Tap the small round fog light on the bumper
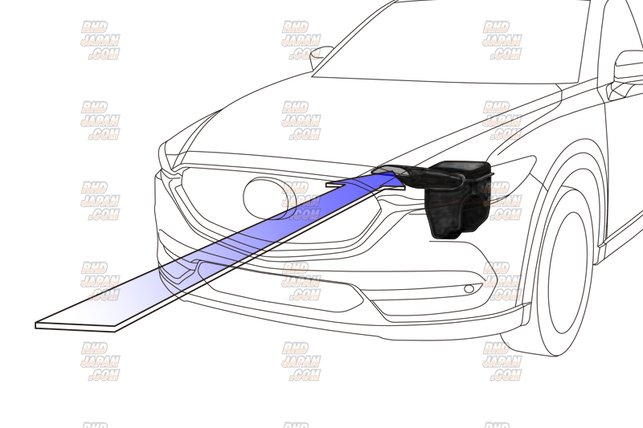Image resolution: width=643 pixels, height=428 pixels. [x=469, y=289]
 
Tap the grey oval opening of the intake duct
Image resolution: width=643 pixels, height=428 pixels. [x=390, y=169]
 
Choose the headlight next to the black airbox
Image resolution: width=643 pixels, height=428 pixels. [x=513, y=168]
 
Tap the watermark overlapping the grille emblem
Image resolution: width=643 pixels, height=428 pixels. [x=301, y=201]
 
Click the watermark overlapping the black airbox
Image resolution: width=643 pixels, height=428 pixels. [x=502, y=201]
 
